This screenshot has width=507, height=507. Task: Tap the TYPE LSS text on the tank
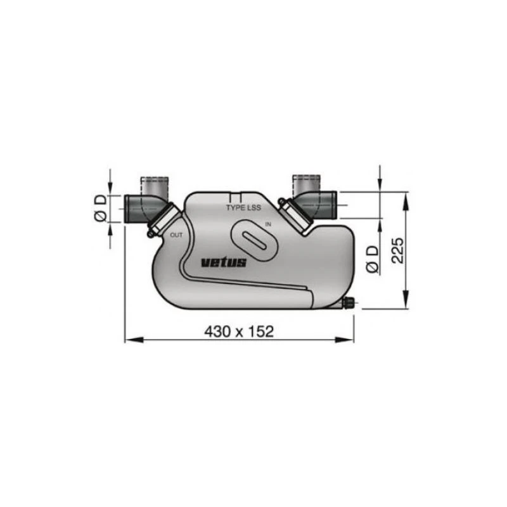click(244, 207)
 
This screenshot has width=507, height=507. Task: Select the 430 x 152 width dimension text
click(239, 331)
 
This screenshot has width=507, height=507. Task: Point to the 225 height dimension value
click(397, 251)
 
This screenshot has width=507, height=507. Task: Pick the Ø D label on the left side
click(100, 209)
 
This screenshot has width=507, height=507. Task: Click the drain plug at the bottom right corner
click(349, 304)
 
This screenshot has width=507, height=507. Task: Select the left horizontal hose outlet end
click(129, 209)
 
